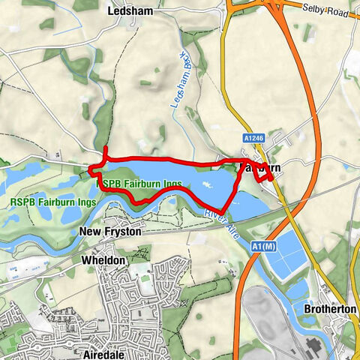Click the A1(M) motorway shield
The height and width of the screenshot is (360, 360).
[262, 247]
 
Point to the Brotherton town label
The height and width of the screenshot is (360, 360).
[327, 309]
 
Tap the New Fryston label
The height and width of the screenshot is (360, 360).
[109, 232]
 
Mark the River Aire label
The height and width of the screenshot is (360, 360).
[218, 223]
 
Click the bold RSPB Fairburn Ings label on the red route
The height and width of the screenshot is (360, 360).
[130, 182]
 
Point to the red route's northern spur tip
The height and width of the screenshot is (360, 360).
[106, 147]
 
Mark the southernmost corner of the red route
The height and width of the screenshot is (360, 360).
[221, 211]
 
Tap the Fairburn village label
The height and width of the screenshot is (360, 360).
[262, 167]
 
